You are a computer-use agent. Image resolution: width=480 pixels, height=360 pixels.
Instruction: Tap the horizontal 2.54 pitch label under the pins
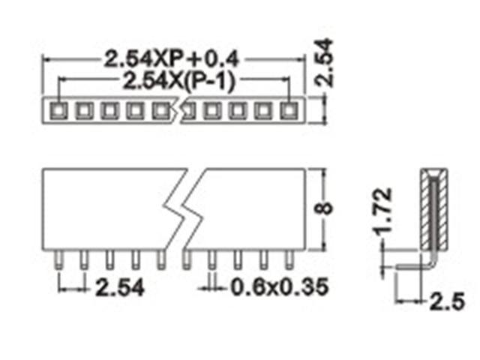coord(115,286)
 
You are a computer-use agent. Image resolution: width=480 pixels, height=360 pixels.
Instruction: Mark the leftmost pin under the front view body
coord(58,259)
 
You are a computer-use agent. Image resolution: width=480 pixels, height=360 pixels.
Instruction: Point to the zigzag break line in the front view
coord(180,209)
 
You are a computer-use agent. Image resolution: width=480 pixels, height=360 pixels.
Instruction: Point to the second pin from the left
coord(84,259)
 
